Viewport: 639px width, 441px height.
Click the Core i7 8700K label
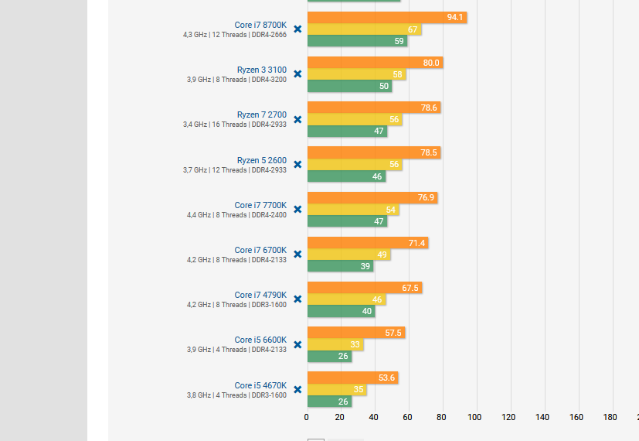(x=260, y=25)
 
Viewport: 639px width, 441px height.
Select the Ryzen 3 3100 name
(x=261, y=70)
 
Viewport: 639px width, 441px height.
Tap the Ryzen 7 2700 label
(x=261, y=115)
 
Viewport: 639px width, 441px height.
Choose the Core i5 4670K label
(x=260, y=385)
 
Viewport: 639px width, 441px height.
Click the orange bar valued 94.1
(x=386, y=18)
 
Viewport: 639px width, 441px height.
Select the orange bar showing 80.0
(x=375, y=63)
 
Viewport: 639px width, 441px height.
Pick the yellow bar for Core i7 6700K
(x=348, y=255)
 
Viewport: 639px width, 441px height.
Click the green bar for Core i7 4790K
(x=341, y=312)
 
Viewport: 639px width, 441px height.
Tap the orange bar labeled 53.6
(x=352, y=378)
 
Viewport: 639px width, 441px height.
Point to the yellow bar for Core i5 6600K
(x=335, y=345)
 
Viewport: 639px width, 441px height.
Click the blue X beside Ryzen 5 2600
(x=297, y=165)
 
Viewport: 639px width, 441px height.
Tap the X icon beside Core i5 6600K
(x=297, y=344)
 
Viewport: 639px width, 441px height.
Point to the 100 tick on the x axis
(x=475, y=417)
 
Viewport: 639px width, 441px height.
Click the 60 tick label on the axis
(x=407, y=417)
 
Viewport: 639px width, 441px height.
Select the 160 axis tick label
(x=576, y=417)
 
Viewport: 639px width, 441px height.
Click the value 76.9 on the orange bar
(x=426, y=198)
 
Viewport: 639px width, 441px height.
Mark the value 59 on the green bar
(x=399, y=42)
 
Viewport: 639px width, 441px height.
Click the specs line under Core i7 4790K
(x=236, y=305)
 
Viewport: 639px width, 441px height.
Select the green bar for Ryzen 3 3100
(x=349, y=87)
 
